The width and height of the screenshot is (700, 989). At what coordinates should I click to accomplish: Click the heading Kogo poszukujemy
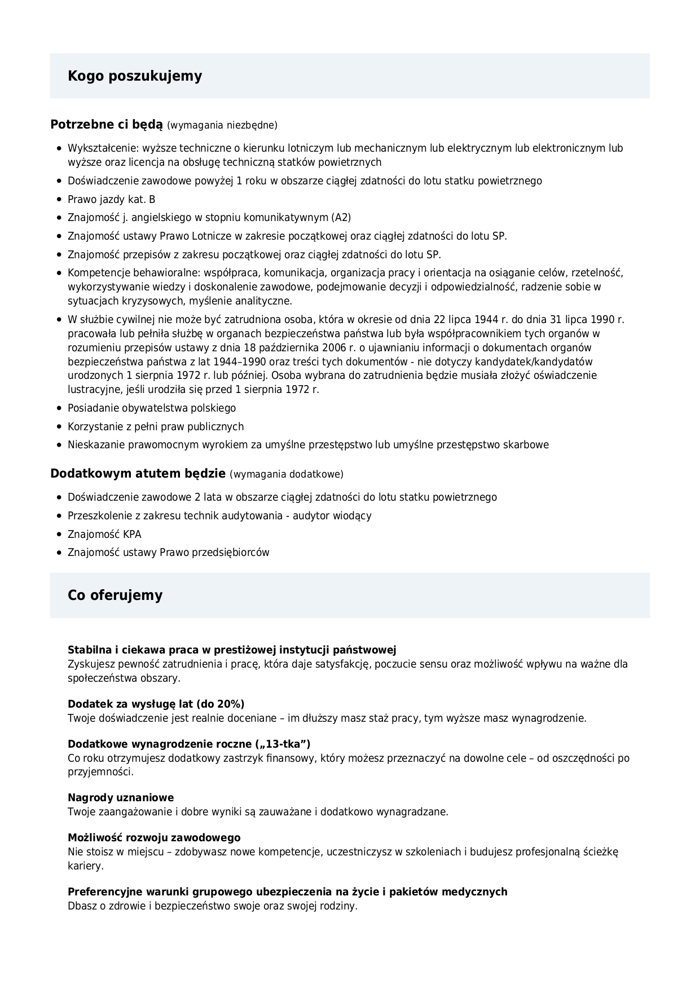coord(135,76)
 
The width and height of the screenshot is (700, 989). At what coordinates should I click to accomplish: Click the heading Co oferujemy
coord(115,595)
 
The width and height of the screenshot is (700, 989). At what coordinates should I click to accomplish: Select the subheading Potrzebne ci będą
coord(107,125)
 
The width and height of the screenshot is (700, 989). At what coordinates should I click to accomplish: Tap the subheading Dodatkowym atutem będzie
coord(138,474)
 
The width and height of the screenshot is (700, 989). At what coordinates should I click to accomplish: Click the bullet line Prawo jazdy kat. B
coord(112,200)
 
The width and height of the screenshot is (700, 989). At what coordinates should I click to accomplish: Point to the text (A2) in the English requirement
coord(341,218)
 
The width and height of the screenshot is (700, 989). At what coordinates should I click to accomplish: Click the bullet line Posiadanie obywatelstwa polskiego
coord(152,408)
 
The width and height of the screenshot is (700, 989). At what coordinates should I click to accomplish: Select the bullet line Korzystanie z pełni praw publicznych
coord(156,427)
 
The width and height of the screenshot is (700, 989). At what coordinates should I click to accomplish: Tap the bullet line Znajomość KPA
coord(104,535)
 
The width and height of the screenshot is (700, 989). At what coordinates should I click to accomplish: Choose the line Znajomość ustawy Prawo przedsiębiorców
coord(169,553)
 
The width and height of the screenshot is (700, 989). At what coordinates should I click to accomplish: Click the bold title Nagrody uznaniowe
coord(121,798)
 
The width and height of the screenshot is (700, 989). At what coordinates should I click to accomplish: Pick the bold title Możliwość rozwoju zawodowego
coord(154,838)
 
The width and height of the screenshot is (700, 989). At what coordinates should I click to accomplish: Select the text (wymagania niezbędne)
coord(222,125)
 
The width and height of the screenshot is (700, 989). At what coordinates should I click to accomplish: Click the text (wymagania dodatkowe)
coord(287,474)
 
